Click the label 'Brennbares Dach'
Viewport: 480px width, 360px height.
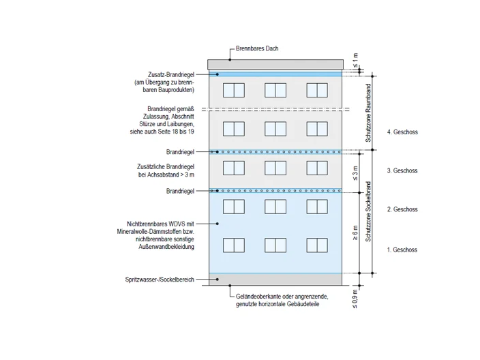tap(257, 48)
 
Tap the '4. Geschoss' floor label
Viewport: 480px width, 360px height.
tap(402, 132)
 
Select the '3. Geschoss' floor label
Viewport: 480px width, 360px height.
tap(402, 170)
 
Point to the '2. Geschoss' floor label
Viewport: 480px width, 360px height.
tap(402, 209)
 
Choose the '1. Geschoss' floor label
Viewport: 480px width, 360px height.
tap(402, 250)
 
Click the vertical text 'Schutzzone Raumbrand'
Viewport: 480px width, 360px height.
tap(368, 113)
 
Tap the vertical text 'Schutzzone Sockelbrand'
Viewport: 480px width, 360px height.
tap(368, 211)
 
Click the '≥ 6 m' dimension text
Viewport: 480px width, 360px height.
tap(355, 233)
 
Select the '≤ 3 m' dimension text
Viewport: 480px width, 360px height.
tap(355, 173)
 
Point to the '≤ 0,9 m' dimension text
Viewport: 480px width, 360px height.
tap(355, 299)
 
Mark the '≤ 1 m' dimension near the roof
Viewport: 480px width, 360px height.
tap(355, 60)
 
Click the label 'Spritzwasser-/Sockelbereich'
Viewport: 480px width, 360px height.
tap(160, 280)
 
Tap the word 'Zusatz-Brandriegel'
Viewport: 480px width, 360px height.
tap(171, 74)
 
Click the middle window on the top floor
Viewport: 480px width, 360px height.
tap(275, 90)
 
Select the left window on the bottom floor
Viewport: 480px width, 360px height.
tap(234, 245)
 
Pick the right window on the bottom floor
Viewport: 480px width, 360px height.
tap(317, 245)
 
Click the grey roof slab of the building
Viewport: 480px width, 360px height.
tap(275, 65)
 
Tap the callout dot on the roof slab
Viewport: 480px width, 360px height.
tap(230, 60)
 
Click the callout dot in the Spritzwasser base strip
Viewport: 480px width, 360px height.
tap(217, 279)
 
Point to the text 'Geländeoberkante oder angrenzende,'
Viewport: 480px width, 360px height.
tap(282, 297)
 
